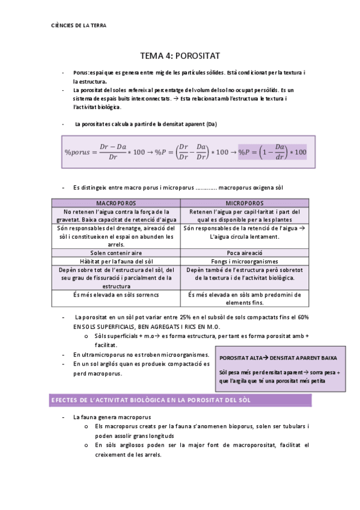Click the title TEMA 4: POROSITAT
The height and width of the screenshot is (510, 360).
(x=180, y=55)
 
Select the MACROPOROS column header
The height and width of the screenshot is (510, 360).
(x=116, y=203)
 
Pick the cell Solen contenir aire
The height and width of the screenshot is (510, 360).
(x=116, y=253)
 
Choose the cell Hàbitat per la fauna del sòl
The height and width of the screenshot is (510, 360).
(x=116, y=262)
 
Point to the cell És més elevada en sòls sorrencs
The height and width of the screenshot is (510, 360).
(x=116, y=295)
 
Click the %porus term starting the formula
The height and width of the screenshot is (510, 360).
(x=78, y=152)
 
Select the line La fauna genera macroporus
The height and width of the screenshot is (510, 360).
(x=112, y=417)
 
